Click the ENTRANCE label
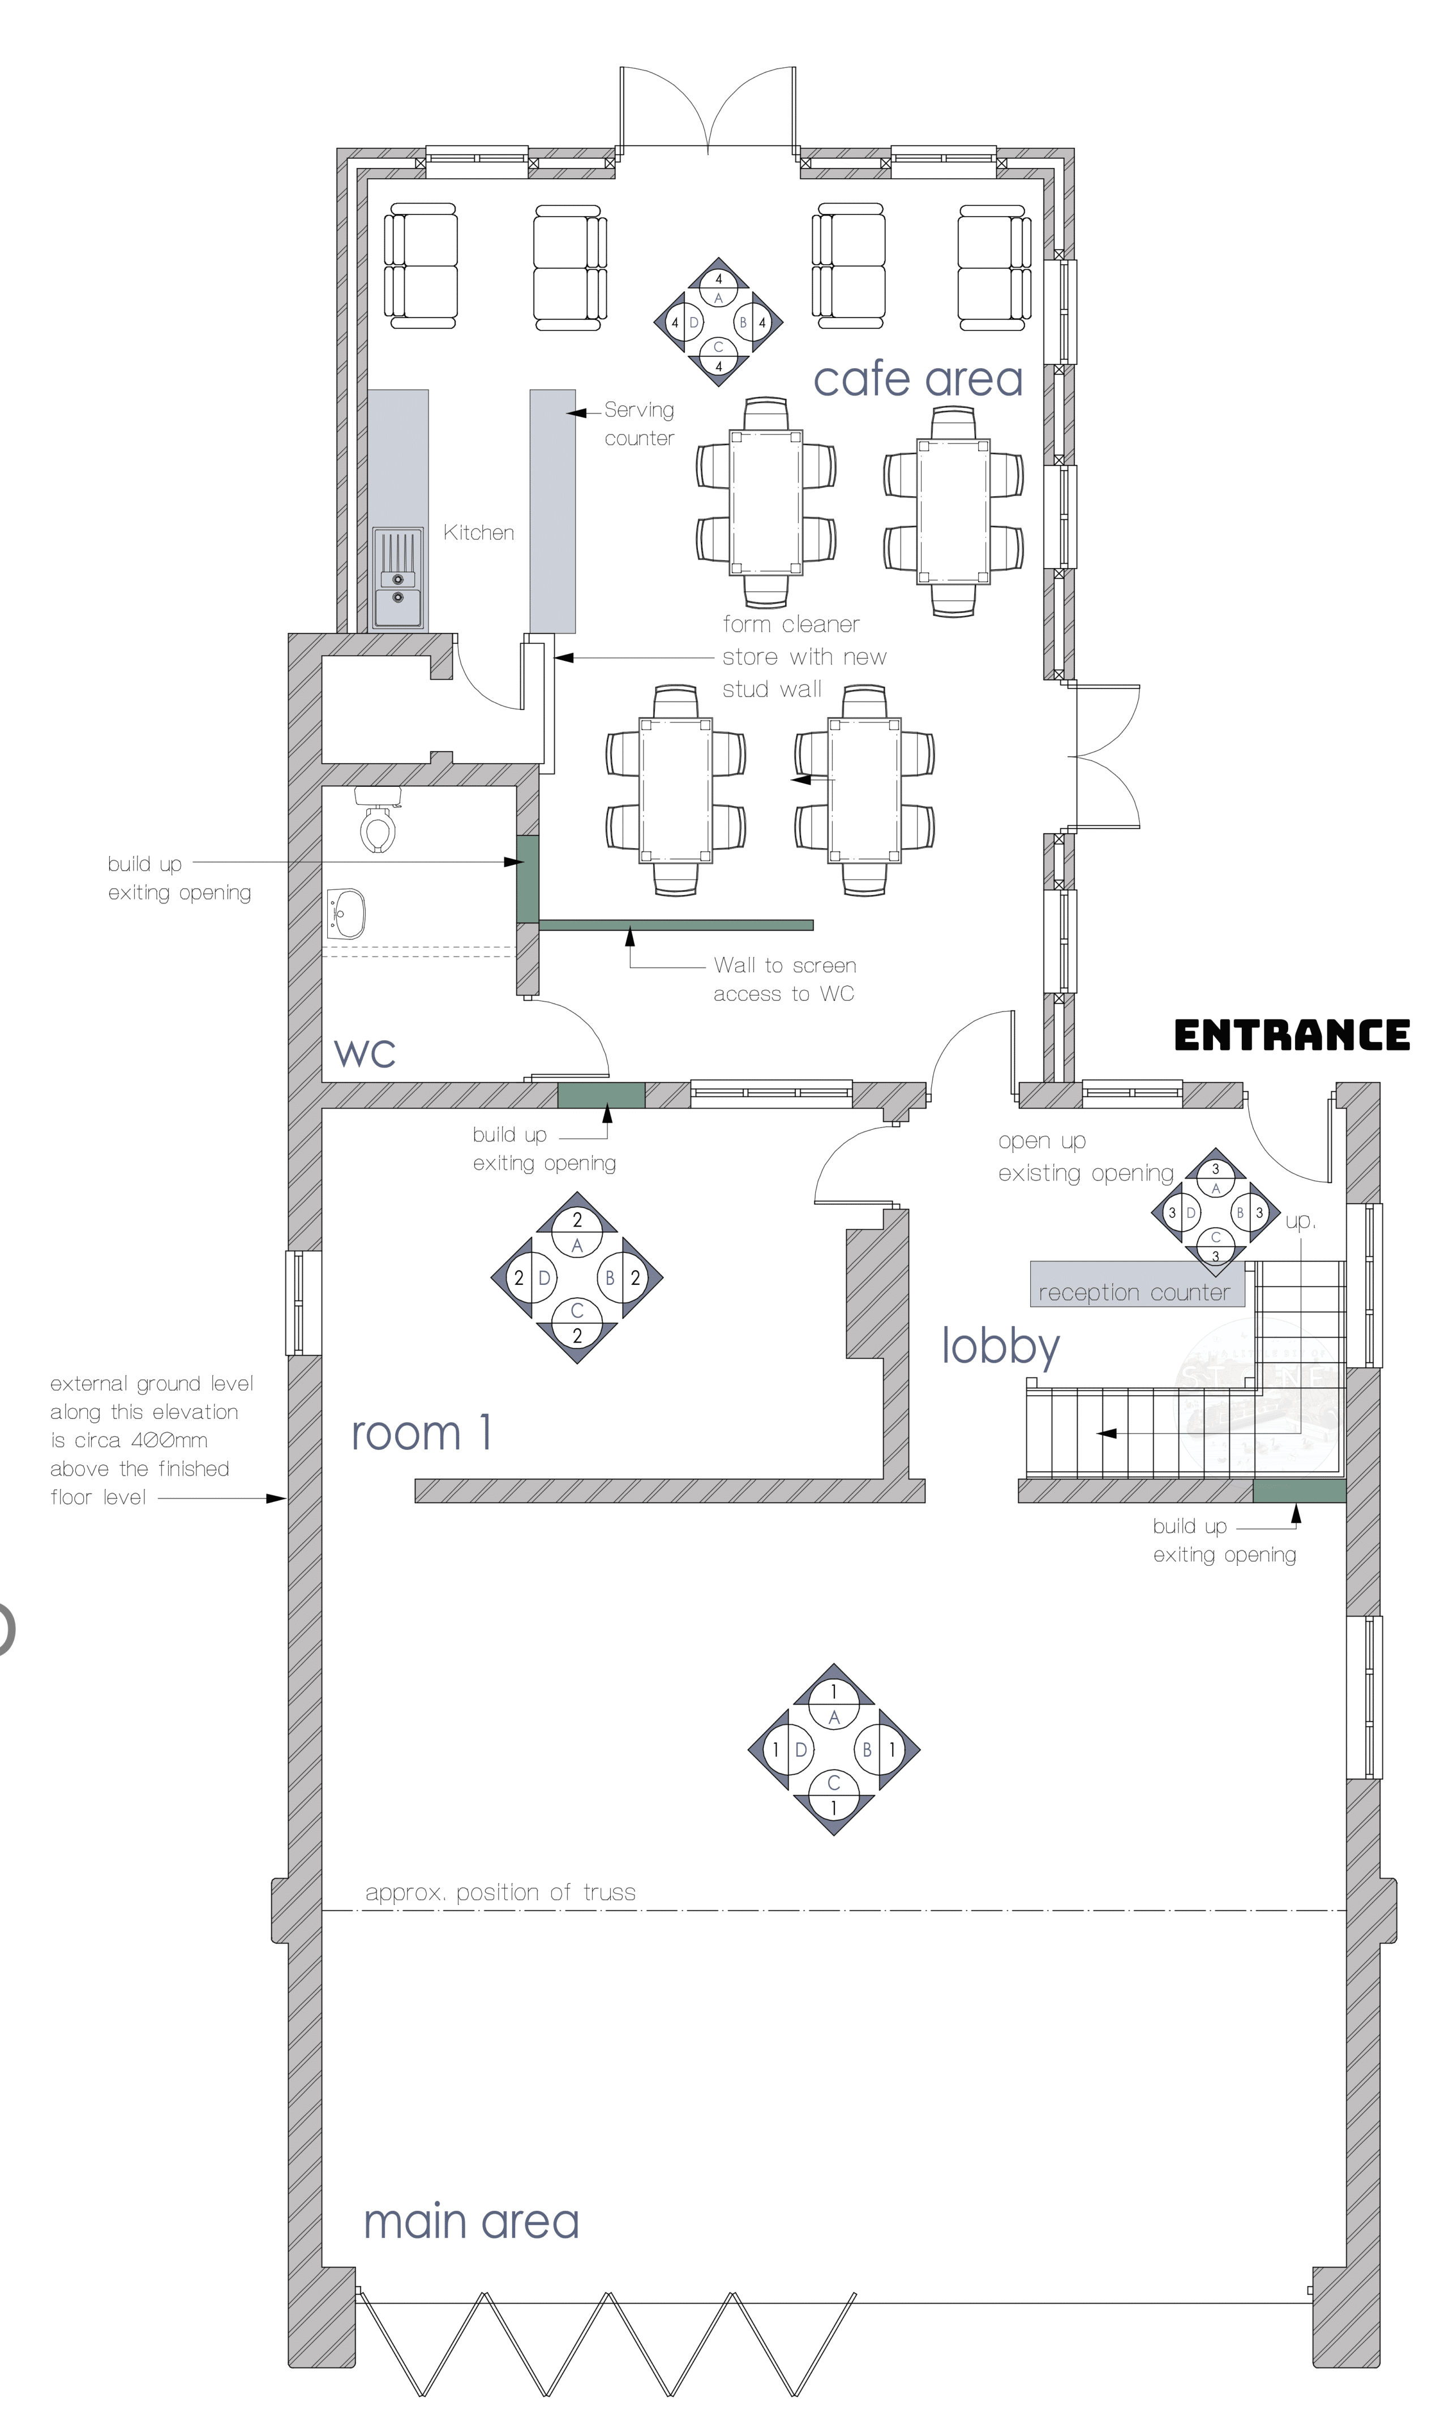1292,1035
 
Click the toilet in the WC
378,819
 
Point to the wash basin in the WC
346,914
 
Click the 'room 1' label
422,1433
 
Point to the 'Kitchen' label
478,532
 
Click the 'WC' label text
364,1053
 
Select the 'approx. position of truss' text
500,1892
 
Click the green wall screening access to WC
676,925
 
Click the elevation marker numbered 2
577,1277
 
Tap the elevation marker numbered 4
719,322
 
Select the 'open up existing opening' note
1086,1156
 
